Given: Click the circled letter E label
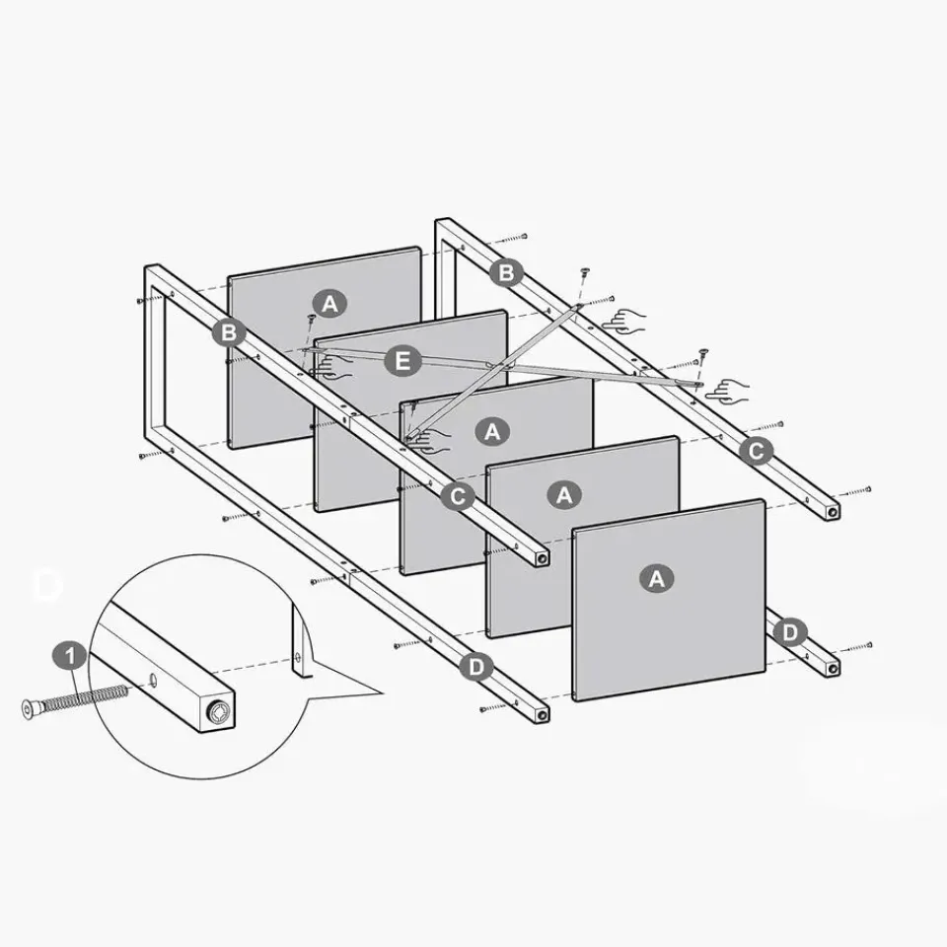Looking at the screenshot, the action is (x=402, y=361).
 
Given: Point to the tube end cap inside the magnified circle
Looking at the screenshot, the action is (x=219, y=712).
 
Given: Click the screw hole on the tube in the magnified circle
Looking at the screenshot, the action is (x=154, y=680).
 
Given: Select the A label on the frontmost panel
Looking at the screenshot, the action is (x=657, y=579).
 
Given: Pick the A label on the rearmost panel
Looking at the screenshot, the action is (x=329, y=303).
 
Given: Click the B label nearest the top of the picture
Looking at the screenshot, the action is (x=506, y=272).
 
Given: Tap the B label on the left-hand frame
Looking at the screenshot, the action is (x=229, y=332).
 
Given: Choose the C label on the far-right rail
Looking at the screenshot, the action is (x=756, y=451).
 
